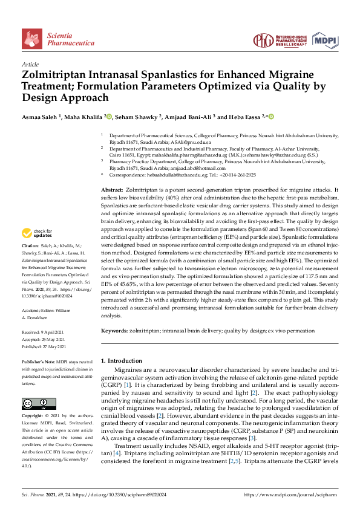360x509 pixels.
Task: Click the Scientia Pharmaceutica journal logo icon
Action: pos(32,39)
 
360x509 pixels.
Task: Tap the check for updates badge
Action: pos(37,233)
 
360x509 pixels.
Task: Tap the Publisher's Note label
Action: pos(39,360)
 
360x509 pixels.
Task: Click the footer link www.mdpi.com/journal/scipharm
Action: pos(290,494)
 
